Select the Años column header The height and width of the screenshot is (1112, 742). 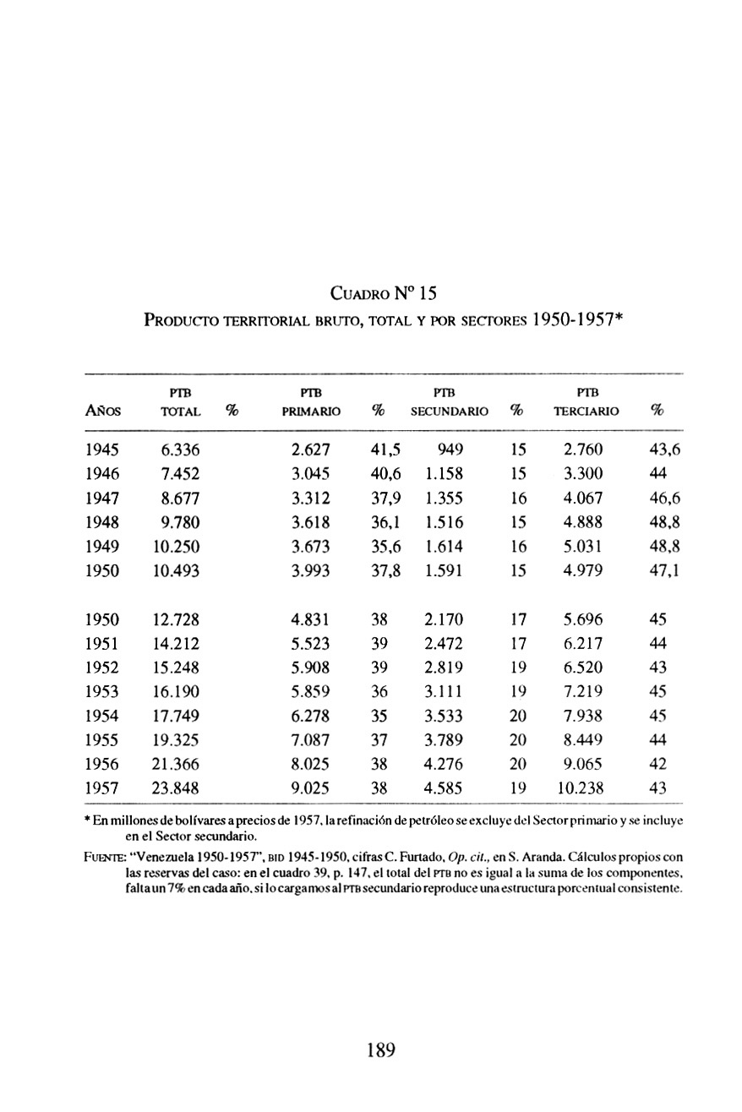point(102,412)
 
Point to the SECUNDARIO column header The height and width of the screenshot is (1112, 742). point(450,412)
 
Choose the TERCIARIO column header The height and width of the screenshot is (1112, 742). point(586,412)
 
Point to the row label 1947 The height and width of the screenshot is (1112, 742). point(103,498)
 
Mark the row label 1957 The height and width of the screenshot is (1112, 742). point(103,788)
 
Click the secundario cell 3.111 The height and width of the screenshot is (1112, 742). point(444,690)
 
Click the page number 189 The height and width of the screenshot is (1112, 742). point(381,1050)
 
